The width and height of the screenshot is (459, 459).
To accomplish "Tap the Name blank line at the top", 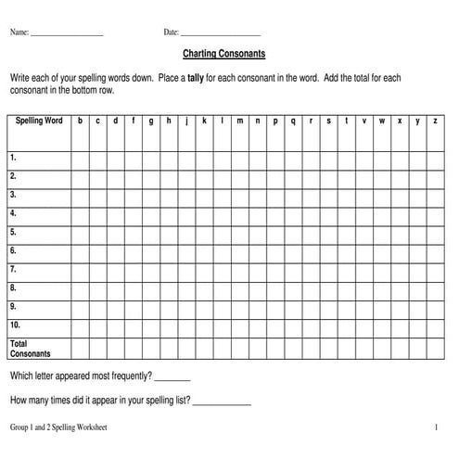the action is [x=66, y=33].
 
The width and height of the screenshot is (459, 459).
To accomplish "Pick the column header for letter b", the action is [x=81, y=121].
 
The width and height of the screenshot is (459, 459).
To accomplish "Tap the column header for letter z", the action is [x=436, y=121].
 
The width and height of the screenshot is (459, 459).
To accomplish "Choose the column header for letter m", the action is [x=239, y=121].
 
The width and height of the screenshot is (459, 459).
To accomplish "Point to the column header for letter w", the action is [x=382, y=121].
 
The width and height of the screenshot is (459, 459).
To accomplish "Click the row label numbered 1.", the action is [x=13, y=158].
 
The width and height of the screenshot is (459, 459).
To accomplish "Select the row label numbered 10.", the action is [x=15, y=325].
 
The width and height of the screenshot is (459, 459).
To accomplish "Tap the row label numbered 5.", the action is [x=13, y=232].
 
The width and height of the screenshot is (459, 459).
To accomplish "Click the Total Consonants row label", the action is [x=30, y=348].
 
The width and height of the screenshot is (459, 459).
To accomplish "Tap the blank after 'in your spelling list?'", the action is [x=222, y=401].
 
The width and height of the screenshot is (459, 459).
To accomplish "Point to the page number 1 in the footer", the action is [x=435, y=427].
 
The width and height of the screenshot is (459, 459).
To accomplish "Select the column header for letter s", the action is [x=328, y=121].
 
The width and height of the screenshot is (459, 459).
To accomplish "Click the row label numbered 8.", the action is [x=13, y=287].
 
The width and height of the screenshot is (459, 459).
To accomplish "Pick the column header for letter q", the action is [x=293, y=121].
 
